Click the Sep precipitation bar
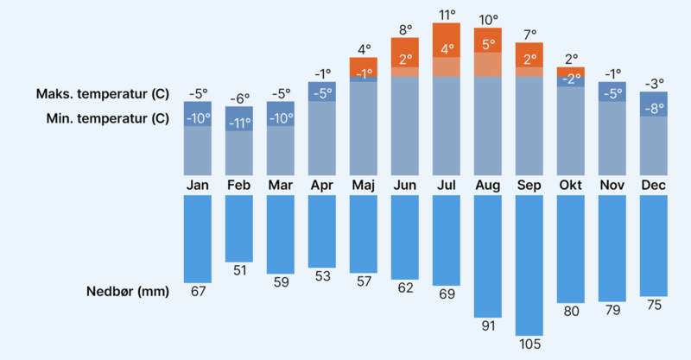pos(529,265)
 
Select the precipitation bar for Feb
pos(238,228)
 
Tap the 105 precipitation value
pos(529,344)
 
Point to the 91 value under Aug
pos(487,325)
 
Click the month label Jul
pos(446,186)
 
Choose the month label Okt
pos(570,186)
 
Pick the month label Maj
pos(363,186)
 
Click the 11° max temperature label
pos(447,15)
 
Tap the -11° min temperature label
pos(238,123)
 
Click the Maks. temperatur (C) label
pos(102,93)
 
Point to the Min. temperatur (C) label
pos(107,118)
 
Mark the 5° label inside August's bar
pos(488,44)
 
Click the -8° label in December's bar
pos(654,109)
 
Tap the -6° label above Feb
pos(238,98)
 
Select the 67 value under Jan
pos(198,291)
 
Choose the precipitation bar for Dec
pos(653,245)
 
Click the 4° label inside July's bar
pos(447,49)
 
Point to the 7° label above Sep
pos(529,34)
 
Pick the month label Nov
pos(612,186)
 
